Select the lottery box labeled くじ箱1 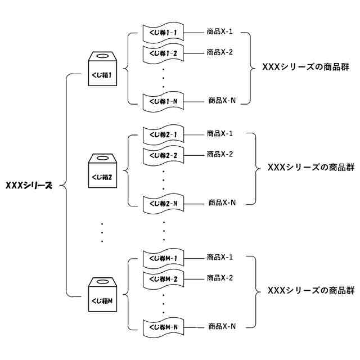tap(102, 70)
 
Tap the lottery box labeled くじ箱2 tap(102, 172)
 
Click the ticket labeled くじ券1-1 tap(164, 33)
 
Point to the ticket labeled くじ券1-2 tap(164, 53)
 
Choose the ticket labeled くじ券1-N tap(164, 101)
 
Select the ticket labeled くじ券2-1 tap(164, 134)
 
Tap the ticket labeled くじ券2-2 tap(164, 155)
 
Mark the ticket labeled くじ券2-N tap(164, 202)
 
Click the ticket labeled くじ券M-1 tap(164, 258)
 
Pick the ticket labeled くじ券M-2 tap(164, 278)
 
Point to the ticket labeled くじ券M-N tap(164, 326)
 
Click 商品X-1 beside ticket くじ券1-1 tap(220, 32)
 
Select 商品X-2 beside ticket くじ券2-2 tap(220, 154)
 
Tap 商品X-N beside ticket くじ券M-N tap(222, 326)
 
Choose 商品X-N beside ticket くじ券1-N tap(222, 101)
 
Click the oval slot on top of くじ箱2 tap(102, 159)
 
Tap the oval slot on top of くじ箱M tap(102, 283)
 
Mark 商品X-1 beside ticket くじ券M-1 tap(220, 258)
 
